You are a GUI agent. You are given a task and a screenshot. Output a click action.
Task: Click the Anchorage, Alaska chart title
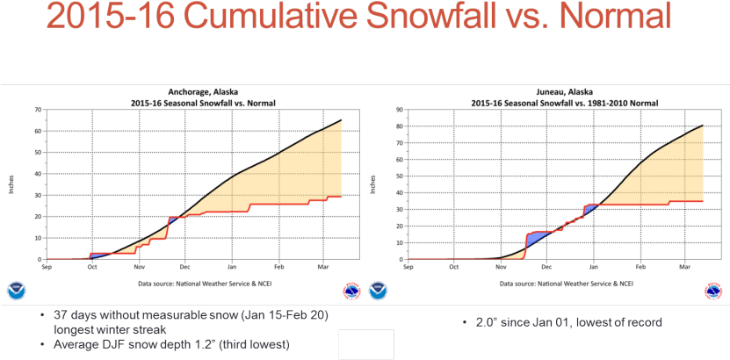pos(203,92)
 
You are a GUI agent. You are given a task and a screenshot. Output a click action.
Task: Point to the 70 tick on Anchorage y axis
pos(39,110)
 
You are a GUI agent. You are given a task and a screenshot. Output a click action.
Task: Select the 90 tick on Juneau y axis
pos(399,110)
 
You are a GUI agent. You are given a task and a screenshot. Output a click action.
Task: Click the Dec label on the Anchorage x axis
pos(185,267)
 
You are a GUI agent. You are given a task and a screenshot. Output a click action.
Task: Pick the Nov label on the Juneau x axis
pos(500,267)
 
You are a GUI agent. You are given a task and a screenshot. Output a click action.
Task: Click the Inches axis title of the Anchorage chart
pos(12,184)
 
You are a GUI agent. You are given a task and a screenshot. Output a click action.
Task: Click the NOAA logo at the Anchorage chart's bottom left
pos(17,291)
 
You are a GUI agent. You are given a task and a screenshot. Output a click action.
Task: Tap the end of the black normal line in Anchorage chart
pos(341,120)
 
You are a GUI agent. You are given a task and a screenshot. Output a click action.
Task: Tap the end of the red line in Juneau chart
pos(703,201)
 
